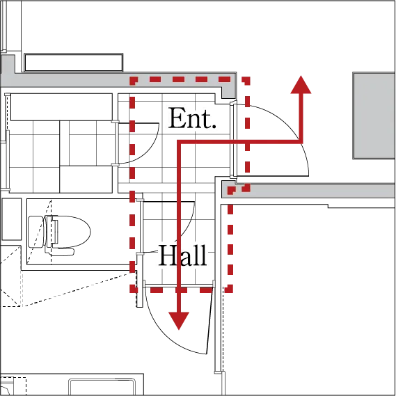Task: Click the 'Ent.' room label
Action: click(192, 118)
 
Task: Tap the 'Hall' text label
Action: click(183, 255)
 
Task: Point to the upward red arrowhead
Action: click(301, 85)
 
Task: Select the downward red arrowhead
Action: click(179, 321)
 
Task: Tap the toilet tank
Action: click(36, 232)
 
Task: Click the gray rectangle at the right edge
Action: click(374, 116)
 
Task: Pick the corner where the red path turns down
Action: click(179, 142)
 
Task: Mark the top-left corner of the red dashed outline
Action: click(132, 79)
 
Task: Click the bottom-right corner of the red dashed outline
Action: click(230, 290)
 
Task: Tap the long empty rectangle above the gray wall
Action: click(74, 63)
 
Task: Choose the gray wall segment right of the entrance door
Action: click(308, 191)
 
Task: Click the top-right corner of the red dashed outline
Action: click(247, 79)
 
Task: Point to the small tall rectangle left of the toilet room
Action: click(12, 219)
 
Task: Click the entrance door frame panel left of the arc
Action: click(233, 139)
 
